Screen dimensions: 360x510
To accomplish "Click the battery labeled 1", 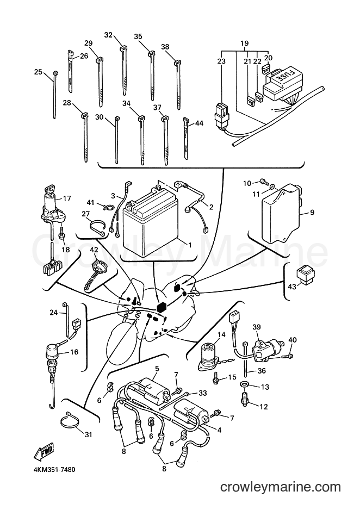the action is coord(151,221).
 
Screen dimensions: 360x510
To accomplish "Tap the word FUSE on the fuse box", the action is coord(283,77).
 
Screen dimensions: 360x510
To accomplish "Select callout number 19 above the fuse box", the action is coord(245,43).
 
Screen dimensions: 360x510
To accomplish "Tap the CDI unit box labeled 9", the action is coord(282,213).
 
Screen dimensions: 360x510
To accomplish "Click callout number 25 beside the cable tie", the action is coord(39,72).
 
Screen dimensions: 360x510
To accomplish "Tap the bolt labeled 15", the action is coord(216,380).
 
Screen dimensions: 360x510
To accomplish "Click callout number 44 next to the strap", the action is coord(200,123).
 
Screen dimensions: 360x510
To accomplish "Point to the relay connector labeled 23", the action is coord(222,116).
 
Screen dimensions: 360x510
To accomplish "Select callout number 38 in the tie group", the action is coord(165,47).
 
